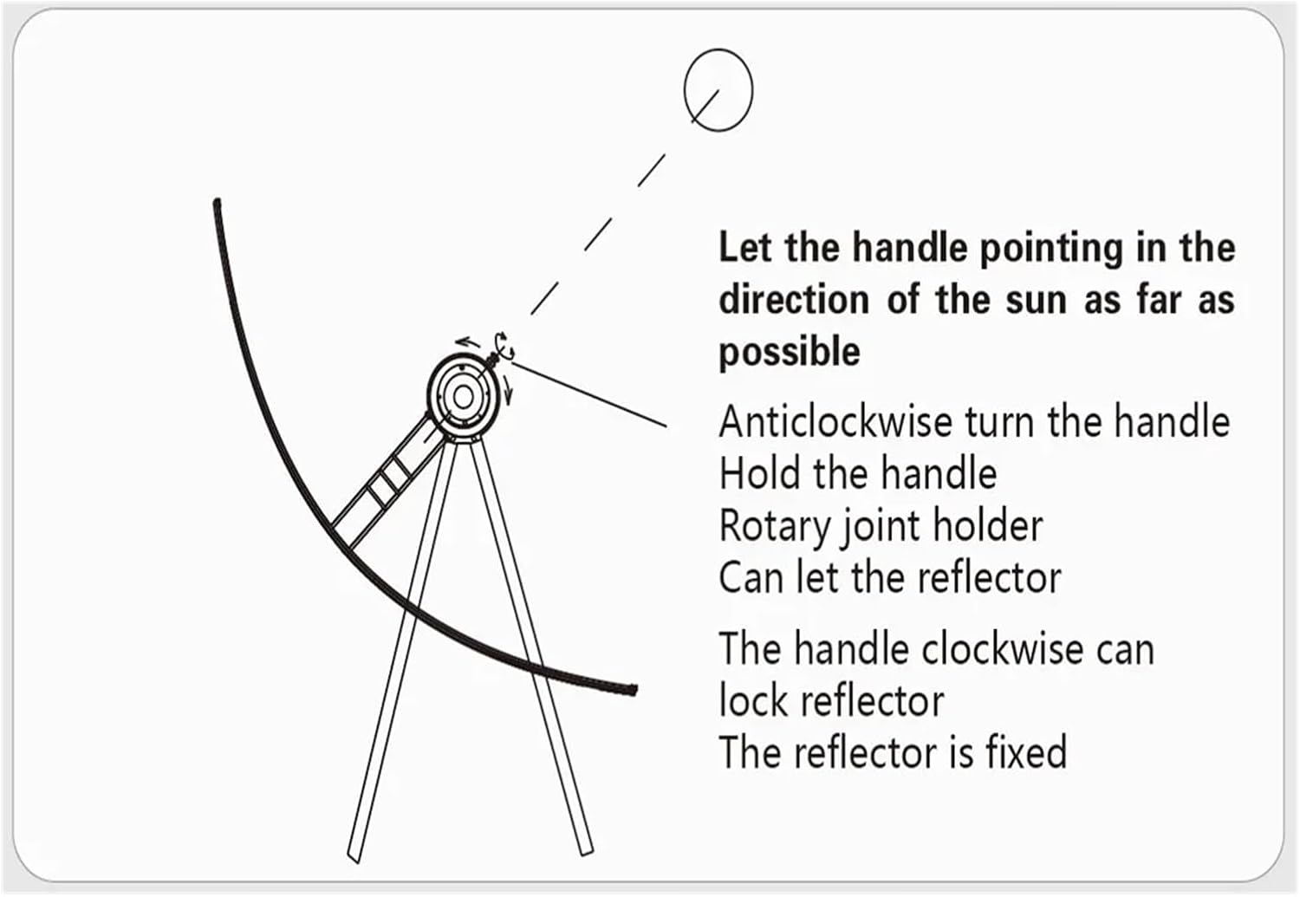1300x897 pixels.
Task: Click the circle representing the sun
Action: (718, 89)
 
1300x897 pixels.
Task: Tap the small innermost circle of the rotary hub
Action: (463, 397)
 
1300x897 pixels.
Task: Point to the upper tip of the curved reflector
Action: (217, 205)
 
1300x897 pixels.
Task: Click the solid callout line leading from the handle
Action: (589, 394)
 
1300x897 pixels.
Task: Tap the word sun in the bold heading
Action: (1040, 300)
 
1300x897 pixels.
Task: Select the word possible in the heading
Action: (790, 352)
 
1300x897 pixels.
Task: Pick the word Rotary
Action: (773, 526)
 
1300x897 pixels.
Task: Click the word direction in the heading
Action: (794, 300)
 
